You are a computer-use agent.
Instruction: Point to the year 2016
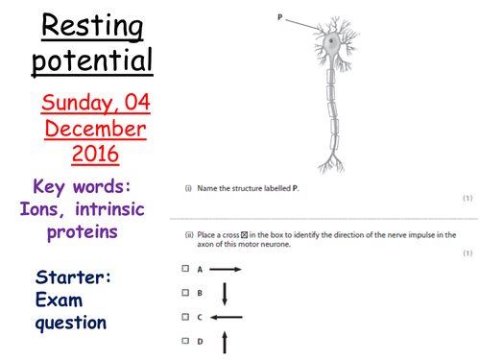click(93, 154)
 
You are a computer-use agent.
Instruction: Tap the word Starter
click(73, 277)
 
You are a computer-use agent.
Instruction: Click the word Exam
click(57, 300)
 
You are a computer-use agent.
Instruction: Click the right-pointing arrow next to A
click(224, 270)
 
